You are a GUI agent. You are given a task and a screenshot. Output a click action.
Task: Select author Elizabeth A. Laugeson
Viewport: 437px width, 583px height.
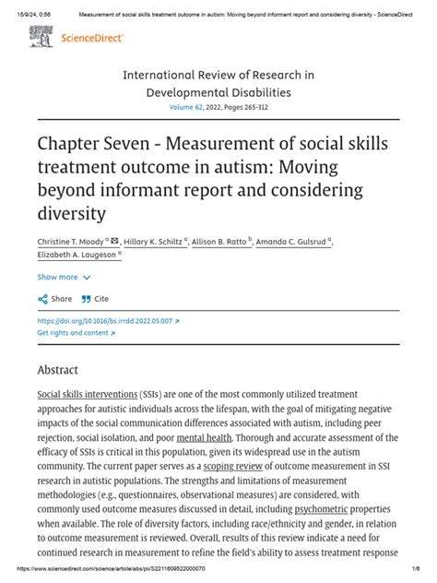pos(76,257)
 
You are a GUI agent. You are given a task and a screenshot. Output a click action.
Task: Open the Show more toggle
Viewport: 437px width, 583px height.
pos(64,277)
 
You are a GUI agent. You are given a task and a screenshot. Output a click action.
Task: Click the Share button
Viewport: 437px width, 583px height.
pos(55,299)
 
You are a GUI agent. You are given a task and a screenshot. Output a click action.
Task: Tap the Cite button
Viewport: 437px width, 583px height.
pos(95,299)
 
